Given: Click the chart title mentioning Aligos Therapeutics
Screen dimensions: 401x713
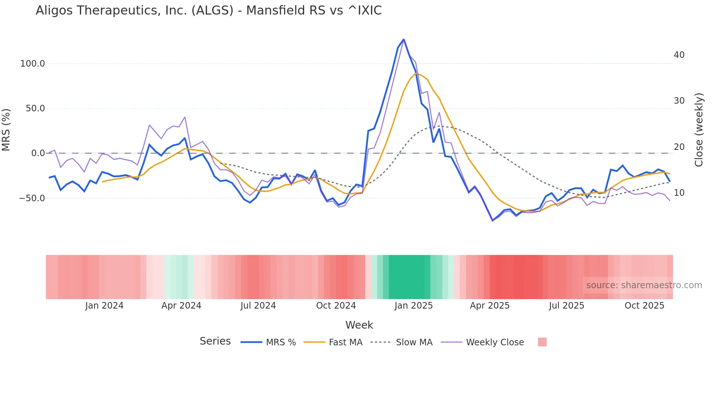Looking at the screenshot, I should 208,11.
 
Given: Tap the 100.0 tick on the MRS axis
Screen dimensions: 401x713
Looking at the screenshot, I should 32,64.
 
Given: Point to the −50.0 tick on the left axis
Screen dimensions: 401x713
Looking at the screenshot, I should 32,198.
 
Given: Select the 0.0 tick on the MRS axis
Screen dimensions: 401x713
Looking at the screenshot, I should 38,153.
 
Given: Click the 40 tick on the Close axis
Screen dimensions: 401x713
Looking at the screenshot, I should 679,55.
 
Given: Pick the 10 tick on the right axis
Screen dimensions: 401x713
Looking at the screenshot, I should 679,193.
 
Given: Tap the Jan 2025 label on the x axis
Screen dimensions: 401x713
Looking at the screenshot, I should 413,306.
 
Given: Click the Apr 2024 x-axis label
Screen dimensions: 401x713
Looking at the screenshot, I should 181,306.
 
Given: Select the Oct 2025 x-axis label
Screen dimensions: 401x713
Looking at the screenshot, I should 644,306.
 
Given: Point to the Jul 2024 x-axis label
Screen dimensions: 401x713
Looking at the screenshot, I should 258,306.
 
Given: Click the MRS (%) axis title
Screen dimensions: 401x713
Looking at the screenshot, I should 6,130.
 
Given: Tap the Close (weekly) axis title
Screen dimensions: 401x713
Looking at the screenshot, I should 698,130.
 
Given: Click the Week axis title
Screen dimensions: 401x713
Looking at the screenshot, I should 359,325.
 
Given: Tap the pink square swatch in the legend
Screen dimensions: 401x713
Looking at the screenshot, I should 542,342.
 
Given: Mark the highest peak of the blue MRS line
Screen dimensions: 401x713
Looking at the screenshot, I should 403,39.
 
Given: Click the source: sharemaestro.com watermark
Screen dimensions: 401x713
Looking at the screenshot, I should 644,285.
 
